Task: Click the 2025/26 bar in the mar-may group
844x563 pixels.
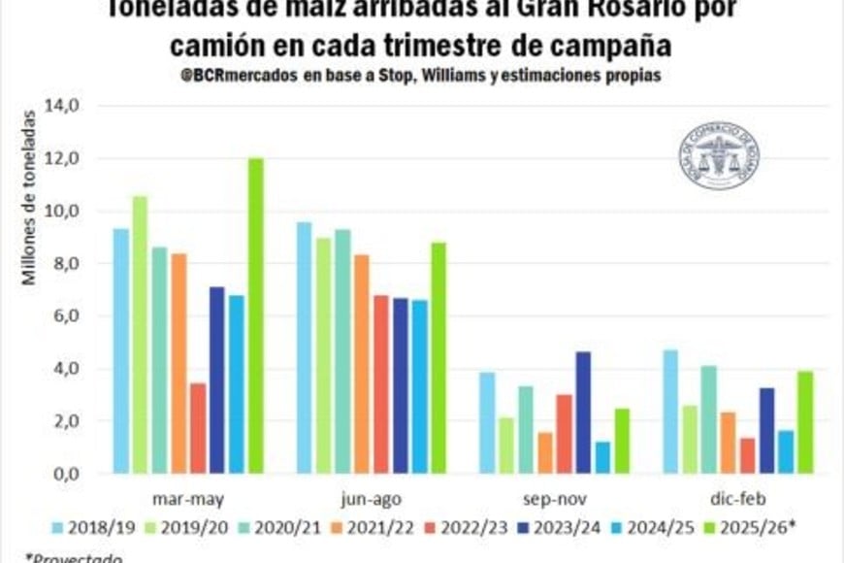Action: tap(255, 315)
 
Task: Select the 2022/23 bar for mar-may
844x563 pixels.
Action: tap(198, 428)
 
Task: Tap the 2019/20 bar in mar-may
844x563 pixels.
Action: tap(140, 335)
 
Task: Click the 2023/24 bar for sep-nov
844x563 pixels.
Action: tap(583, 413)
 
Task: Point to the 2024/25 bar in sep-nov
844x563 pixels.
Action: tap(602, 457)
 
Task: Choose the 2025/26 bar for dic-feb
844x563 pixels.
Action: tap(805, 422)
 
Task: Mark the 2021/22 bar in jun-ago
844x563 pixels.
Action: tap(361, 364)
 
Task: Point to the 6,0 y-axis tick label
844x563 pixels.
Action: tap(78, 315)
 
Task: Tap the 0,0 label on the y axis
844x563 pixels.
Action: tap(78, 474)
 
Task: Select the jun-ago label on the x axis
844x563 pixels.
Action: tap(372, 498)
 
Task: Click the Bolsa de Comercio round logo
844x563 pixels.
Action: tap(719, 155)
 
